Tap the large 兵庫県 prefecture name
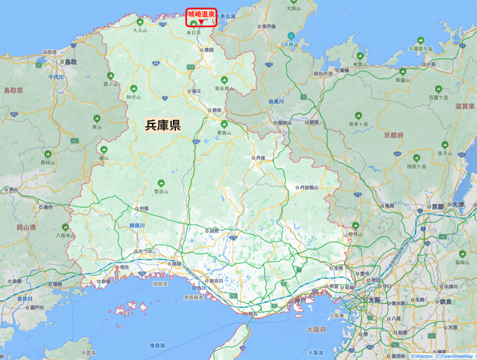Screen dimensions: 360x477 163,125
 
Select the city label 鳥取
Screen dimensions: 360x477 71,61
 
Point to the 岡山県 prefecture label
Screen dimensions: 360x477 27,228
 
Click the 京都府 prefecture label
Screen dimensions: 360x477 395,135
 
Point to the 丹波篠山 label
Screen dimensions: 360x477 309,187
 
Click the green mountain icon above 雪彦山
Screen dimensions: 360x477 158,183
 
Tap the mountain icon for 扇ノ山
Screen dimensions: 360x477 110,75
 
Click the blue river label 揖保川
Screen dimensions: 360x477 138,225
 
